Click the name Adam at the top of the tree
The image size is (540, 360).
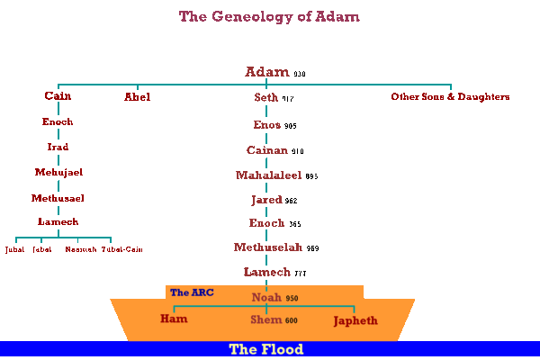coord(267,72)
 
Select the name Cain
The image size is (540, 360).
coord(58,96)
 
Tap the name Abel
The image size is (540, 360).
coord(137,96)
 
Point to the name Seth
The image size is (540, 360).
coord(265,97)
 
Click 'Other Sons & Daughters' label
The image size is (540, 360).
coord(450,96)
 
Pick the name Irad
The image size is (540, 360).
coord(58,147)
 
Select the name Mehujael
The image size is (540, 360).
coord(58,172)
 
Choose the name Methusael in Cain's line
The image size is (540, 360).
coord(58,196)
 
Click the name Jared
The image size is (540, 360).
coord(265,199)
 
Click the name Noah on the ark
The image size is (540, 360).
coord(267,296)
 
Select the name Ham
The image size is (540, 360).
coord(174,319)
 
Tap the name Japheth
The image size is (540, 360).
coord(355,320)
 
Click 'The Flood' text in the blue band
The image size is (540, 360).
coord(266,349)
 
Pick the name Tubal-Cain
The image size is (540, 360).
coord(121,249)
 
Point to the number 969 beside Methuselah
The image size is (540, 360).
coord(312,248)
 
